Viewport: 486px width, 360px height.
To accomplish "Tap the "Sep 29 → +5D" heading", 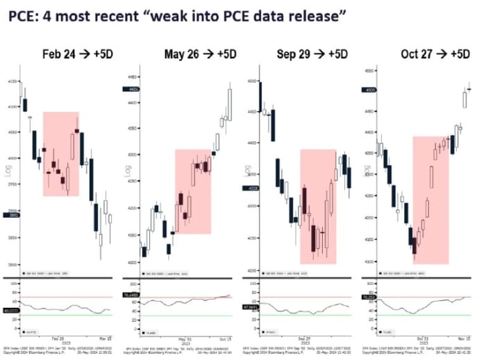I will coord(310,54).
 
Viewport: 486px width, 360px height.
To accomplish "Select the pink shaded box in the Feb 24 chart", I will coord(60,154).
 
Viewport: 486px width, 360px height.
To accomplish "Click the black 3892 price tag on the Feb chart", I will coord(11,216).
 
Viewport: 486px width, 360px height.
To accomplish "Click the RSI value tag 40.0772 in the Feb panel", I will coord(10,310).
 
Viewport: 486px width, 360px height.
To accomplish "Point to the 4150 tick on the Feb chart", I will coord(11,82).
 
